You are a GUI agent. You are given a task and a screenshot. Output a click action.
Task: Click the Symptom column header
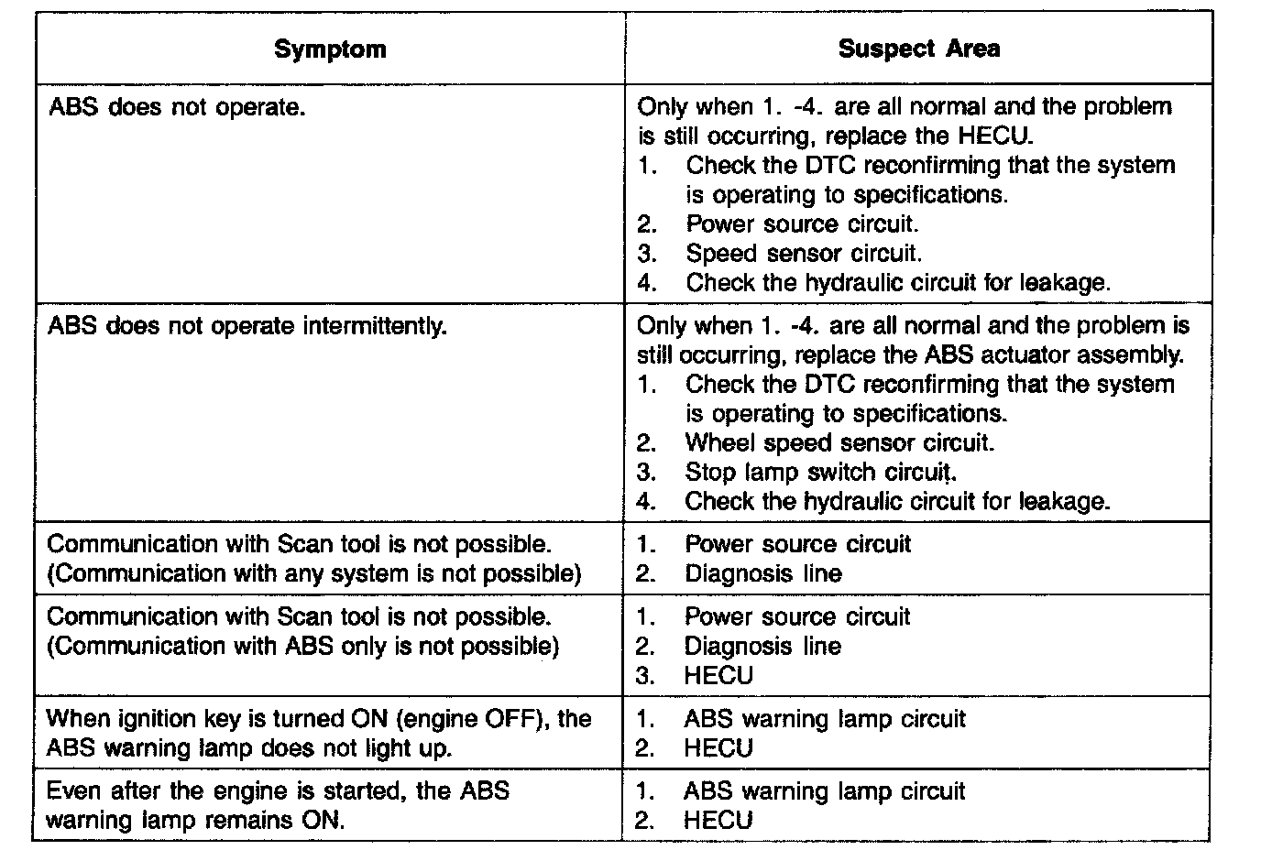330,49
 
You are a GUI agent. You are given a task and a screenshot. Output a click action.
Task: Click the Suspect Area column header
918,49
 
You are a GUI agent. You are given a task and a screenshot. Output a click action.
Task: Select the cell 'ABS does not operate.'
176,108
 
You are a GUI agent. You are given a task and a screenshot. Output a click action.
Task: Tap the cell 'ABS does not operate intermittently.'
247,326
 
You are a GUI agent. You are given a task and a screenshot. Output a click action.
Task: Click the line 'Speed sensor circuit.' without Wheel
804,254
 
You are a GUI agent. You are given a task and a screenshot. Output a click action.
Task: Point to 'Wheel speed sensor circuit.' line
839,443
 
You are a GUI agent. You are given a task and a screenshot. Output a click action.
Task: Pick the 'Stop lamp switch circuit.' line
820,473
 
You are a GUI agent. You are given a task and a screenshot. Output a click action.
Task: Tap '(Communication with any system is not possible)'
313,574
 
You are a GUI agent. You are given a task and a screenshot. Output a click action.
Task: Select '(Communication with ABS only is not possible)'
302,647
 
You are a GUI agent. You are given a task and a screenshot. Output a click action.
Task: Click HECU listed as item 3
718,676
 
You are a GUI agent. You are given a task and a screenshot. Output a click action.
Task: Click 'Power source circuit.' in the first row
802,224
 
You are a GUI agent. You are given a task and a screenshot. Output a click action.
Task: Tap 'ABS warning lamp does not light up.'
248,748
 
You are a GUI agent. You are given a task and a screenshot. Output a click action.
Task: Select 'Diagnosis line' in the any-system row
762,574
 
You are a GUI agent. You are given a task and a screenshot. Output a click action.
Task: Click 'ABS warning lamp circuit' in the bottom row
824,791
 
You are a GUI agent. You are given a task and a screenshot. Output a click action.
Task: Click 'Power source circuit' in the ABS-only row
797,617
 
